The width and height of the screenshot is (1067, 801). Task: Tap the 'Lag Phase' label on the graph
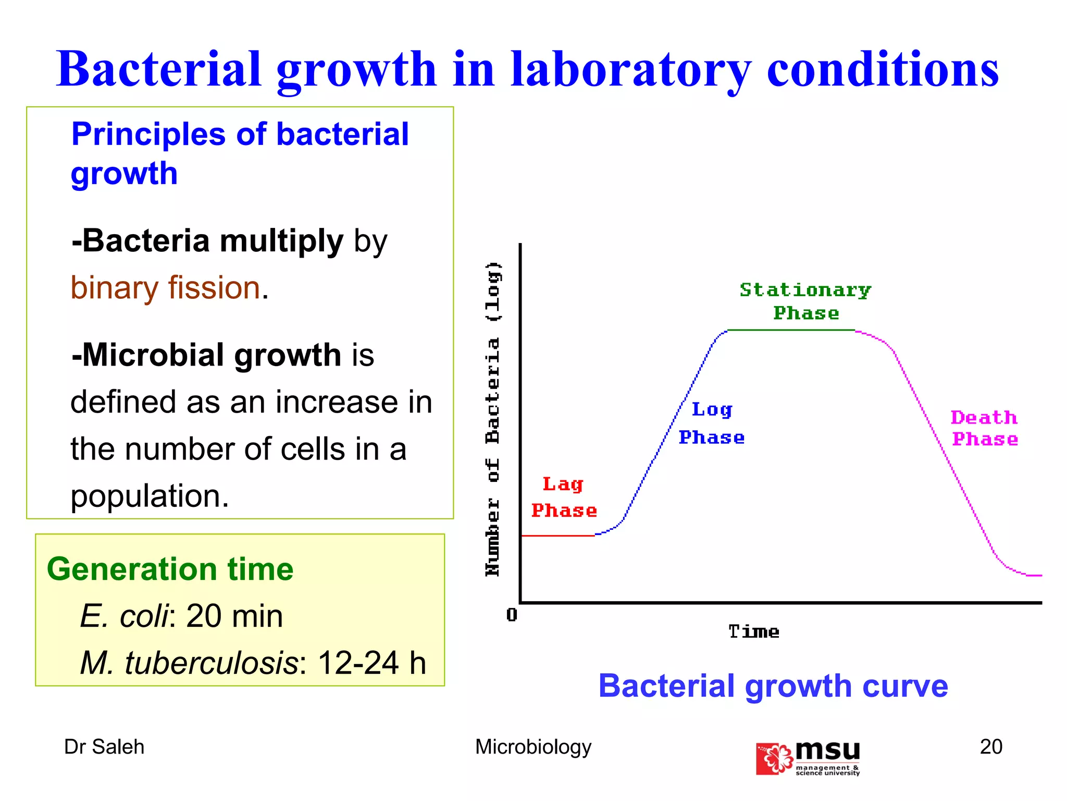click(564, 497)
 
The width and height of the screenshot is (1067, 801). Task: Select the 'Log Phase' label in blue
click(712, 423)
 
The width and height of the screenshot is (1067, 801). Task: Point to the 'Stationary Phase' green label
click(805, 301)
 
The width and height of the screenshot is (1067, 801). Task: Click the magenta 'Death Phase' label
click(985, 428)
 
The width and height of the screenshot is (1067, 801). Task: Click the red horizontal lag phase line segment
click(557, 536)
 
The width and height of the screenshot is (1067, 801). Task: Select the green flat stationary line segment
click(791, 330)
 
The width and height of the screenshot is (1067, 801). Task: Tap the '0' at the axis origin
click(512, 615)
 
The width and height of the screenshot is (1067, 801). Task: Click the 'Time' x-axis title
click(754, 632)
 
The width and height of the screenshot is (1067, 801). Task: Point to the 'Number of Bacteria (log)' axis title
click(493, 419)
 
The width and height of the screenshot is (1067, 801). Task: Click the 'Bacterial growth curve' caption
click(773, 686)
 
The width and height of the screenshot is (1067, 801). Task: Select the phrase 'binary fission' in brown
click(166, 288)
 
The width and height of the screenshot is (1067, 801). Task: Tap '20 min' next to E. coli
click(234, 616)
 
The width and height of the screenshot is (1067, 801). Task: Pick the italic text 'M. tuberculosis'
click(189, 663)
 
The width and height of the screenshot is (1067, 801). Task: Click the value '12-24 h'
click(372, 663)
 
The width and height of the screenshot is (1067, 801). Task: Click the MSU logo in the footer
click(808, 758)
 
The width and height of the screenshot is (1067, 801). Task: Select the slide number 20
click(991, 747)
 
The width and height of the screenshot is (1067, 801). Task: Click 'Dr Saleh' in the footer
click(104, 747)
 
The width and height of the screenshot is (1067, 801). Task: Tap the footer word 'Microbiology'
click(533, 747)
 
